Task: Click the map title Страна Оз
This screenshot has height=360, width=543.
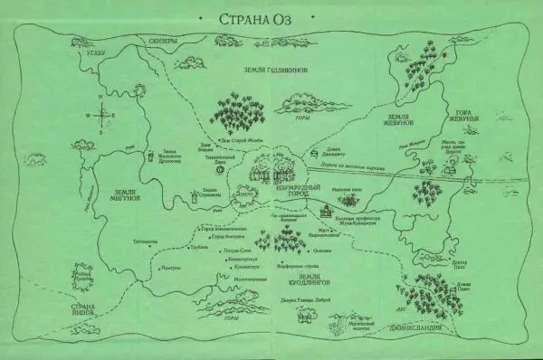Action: [272, 19]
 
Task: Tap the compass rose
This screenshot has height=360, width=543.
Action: [103, 116]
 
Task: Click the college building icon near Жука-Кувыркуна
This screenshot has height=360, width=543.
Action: [327, 210]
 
